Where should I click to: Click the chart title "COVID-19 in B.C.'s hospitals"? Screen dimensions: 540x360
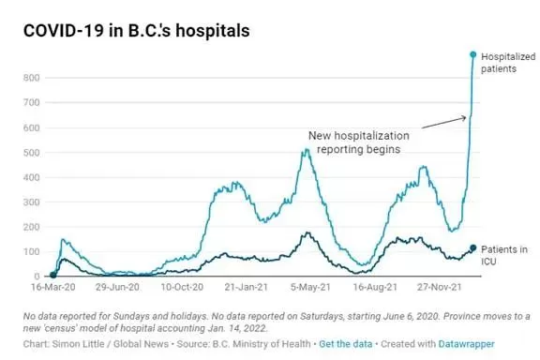[136, 30]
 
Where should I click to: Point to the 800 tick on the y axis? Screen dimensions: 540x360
[32, 78]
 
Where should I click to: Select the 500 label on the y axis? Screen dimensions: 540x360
[32, 153]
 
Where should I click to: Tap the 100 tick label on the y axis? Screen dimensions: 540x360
[32, 251]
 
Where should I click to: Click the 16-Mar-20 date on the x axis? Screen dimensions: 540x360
[53, 287]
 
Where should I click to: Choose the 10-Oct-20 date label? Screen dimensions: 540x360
[182, 287]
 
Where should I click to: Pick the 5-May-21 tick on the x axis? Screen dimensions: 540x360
[310, 287]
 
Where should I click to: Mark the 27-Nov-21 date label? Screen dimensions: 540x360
[440, 287]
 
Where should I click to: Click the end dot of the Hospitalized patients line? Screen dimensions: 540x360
[473, 54]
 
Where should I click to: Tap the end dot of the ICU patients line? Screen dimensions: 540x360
[473, 247]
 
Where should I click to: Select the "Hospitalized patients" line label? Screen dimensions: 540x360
[508, 63]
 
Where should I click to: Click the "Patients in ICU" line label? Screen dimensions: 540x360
[504, 255]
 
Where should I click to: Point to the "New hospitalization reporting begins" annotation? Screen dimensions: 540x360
[359, 142]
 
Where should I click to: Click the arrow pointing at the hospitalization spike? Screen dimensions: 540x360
[444, 123]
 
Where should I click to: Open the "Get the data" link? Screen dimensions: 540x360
[345, 344]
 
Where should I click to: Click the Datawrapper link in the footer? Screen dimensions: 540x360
[466, 344]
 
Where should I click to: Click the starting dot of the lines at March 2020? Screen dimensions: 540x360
[53, 275]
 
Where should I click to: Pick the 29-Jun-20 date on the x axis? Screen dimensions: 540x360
[117, 287]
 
